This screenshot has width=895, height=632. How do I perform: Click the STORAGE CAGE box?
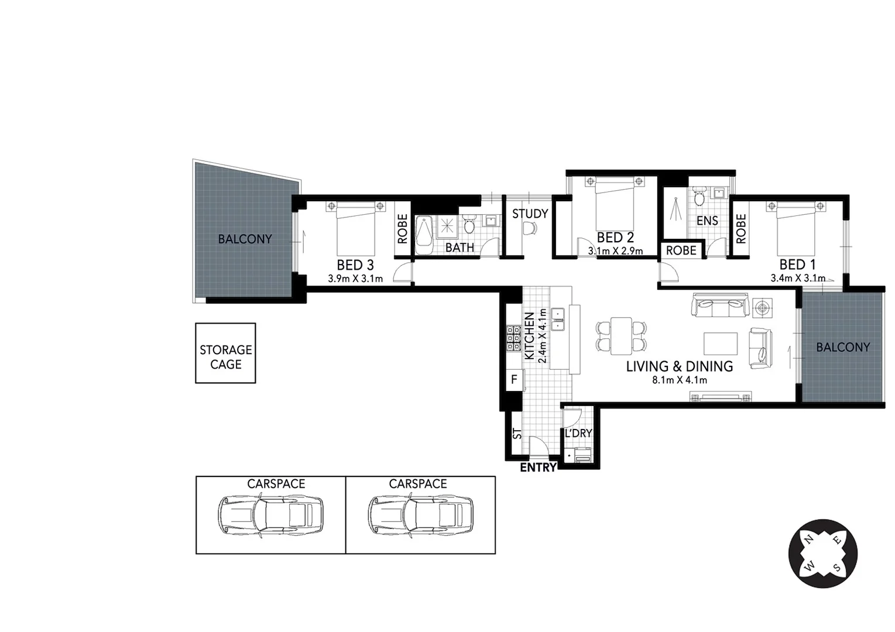225,353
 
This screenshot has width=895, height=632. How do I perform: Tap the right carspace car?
420,516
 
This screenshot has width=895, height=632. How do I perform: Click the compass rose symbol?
822,554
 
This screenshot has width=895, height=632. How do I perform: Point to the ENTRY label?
538,468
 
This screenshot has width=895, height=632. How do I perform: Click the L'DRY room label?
578,434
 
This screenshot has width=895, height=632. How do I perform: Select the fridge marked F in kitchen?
514,380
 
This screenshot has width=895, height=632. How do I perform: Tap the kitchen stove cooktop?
513,338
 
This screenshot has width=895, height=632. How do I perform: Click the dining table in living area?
621,336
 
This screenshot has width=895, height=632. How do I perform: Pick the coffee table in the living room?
720,344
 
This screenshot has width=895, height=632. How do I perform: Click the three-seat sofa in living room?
721,305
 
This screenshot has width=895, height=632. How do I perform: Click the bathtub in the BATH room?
424,235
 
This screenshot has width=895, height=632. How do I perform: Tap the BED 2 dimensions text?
615,252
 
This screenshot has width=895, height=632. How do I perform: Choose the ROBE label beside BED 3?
403,229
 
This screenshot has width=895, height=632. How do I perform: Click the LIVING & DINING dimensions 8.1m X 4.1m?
680,380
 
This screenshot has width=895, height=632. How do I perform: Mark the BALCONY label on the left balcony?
245,239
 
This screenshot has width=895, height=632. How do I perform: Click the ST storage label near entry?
517,434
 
